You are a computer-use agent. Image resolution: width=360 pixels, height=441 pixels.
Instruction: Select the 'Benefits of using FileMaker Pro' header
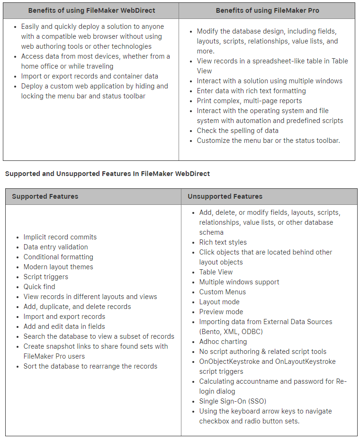coord(267,10)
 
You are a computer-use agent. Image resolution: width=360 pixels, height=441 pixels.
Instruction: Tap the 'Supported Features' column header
coord(45,196)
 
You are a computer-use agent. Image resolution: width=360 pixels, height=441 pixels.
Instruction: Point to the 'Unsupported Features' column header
coord(225,196)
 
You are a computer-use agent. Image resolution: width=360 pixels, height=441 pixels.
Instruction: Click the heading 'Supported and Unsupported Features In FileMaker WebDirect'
coord(108,174)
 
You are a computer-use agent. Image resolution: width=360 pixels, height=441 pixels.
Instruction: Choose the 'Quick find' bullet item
coord(39,287)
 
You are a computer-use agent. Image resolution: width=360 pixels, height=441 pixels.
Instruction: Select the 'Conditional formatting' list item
coord(58,257)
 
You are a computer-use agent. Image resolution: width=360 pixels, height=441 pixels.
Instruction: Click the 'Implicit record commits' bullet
coord(60,237)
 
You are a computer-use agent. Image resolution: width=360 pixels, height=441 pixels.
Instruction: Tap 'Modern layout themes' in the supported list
coord(58,267)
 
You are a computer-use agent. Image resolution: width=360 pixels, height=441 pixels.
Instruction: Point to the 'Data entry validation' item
coord(56,247)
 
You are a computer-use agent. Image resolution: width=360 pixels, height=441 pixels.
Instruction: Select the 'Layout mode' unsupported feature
coord(219,302)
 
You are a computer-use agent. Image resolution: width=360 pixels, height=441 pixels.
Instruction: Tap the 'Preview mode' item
coord(221,312)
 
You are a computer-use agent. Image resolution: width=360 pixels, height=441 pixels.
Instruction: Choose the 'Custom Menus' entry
coord(223,292)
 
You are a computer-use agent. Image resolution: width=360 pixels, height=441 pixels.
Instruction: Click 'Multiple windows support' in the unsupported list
coord(239,282)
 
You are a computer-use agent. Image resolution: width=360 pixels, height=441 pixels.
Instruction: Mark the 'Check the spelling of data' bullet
coord(238,131)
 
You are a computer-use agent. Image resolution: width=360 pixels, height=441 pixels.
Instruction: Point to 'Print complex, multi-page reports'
coord(249,101)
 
